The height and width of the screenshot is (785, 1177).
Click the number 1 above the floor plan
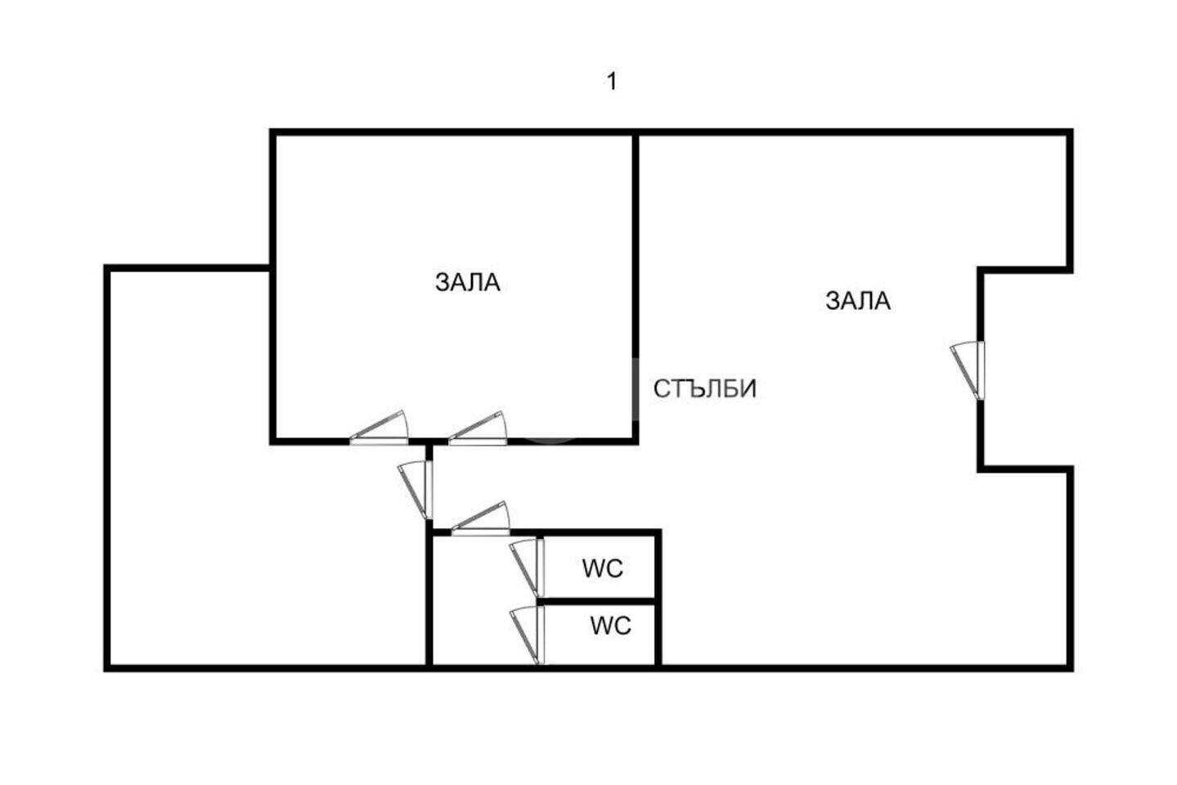tap(612, 82)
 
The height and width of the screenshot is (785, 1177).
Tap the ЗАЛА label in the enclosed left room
tap(467, 283)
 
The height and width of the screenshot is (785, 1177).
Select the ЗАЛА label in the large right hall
tap(858, 301)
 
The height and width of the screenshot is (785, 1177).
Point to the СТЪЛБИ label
tap(705, 389)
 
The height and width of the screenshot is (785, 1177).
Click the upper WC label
tap(603, 568)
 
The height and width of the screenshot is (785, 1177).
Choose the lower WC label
tap(610, 626)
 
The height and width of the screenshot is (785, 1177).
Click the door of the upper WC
tap(528, 567)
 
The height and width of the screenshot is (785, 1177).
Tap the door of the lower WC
tap(528, 635)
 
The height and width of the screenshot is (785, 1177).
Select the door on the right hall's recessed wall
tap(968, 370)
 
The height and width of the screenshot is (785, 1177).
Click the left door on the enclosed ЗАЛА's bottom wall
tap(379, 428)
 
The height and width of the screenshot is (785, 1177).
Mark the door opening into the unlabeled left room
tap(416, 490)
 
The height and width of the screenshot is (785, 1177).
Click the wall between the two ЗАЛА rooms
tap(636, 286)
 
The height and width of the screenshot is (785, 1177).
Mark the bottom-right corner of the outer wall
tap(1071, 669)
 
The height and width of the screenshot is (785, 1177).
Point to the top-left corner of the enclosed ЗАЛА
tap(272, 132)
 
